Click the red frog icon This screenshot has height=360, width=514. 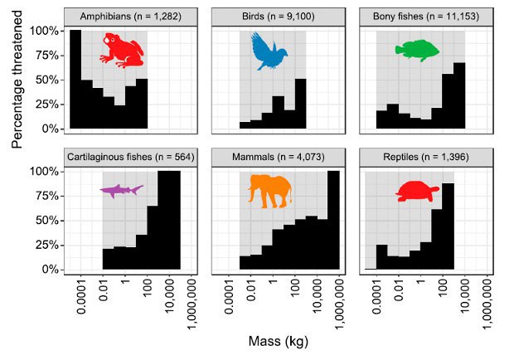[x=121, y=50]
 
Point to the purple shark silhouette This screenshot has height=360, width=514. [x=122, y=191]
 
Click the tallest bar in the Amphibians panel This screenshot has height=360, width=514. [x=75, y=80]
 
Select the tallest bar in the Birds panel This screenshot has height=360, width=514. [x=301, y=104]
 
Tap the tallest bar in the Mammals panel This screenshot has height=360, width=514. [x=333, y=221]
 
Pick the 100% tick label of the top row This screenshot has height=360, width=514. [x=46, y=31]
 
